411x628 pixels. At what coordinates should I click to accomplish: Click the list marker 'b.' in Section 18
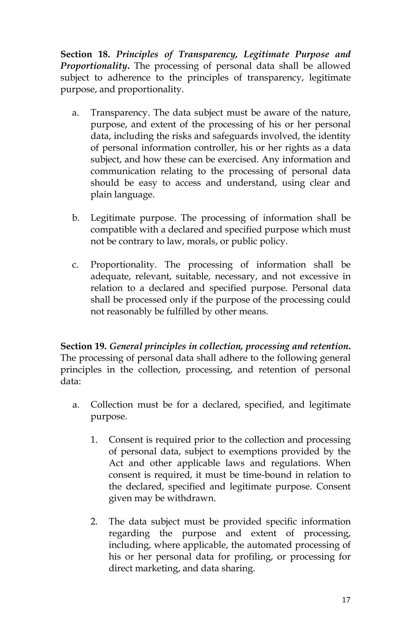76,218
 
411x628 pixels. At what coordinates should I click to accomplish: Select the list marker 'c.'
75,265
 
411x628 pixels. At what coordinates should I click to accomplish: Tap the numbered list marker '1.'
94,440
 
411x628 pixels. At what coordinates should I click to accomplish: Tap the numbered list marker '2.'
94,522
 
